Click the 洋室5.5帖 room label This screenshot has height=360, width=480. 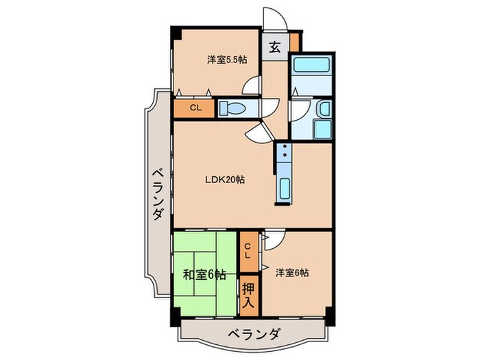click(227, 59)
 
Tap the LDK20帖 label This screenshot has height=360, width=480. click(225, 180)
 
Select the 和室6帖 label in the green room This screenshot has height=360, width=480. click(204, 275)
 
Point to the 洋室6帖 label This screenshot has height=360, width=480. click(291, 272)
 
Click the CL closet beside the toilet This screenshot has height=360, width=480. click(195, 108)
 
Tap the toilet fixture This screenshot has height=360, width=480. click(232, 108)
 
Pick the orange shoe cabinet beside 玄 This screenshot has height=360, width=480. click(294, 40)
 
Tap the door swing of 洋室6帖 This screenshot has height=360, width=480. click(272, 239)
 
